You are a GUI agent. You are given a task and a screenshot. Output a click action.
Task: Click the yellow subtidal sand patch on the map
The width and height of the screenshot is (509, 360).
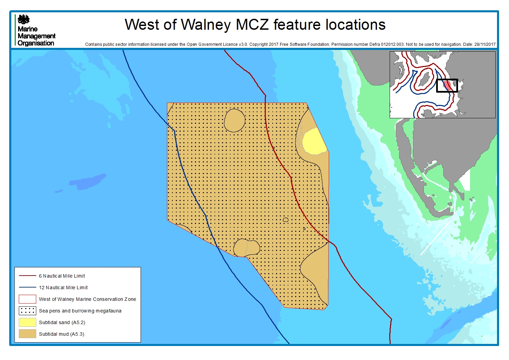(313, 142)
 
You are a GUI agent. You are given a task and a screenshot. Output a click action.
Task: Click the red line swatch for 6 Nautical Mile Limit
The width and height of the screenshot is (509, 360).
(27, 276)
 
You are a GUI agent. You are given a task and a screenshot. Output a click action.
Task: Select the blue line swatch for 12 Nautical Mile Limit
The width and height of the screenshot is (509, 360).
(27, 288)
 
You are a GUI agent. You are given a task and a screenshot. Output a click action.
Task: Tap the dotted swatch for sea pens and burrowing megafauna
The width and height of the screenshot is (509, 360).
(27, 311)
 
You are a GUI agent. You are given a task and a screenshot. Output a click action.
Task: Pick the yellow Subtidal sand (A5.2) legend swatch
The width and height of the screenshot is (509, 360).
(27, 322)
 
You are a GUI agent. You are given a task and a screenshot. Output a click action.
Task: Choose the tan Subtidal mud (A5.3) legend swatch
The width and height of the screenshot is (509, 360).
(27, 334)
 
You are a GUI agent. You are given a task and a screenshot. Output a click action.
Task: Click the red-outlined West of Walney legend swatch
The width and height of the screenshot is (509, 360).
(27, 299)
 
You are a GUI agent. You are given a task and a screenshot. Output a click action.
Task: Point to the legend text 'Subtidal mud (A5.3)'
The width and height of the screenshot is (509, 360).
(61, 334)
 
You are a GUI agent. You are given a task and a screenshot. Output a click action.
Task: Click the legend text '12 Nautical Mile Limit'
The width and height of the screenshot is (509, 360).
(63, 288)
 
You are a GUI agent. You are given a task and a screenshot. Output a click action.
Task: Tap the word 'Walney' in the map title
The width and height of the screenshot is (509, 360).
(206, 25)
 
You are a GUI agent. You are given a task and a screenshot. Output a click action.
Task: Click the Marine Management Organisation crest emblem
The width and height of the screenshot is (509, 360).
(24, 19)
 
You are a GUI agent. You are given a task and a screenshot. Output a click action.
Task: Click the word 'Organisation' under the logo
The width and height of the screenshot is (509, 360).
(36, 43)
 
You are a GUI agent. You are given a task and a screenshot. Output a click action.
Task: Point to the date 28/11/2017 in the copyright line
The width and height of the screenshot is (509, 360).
(485, 44)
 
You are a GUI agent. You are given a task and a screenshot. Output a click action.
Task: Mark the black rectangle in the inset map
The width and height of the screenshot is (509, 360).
(447, 86)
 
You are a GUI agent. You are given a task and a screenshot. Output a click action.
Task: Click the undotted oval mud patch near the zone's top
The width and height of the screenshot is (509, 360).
(235, 120)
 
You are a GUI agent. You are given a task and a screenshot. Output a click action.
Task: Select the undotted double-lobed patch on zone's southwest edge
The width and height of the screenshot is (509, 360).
(246, 248)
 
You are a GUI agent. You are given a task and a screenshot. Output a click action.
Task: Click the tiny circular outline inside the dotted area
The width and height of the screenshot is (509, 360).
(286, 220)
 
